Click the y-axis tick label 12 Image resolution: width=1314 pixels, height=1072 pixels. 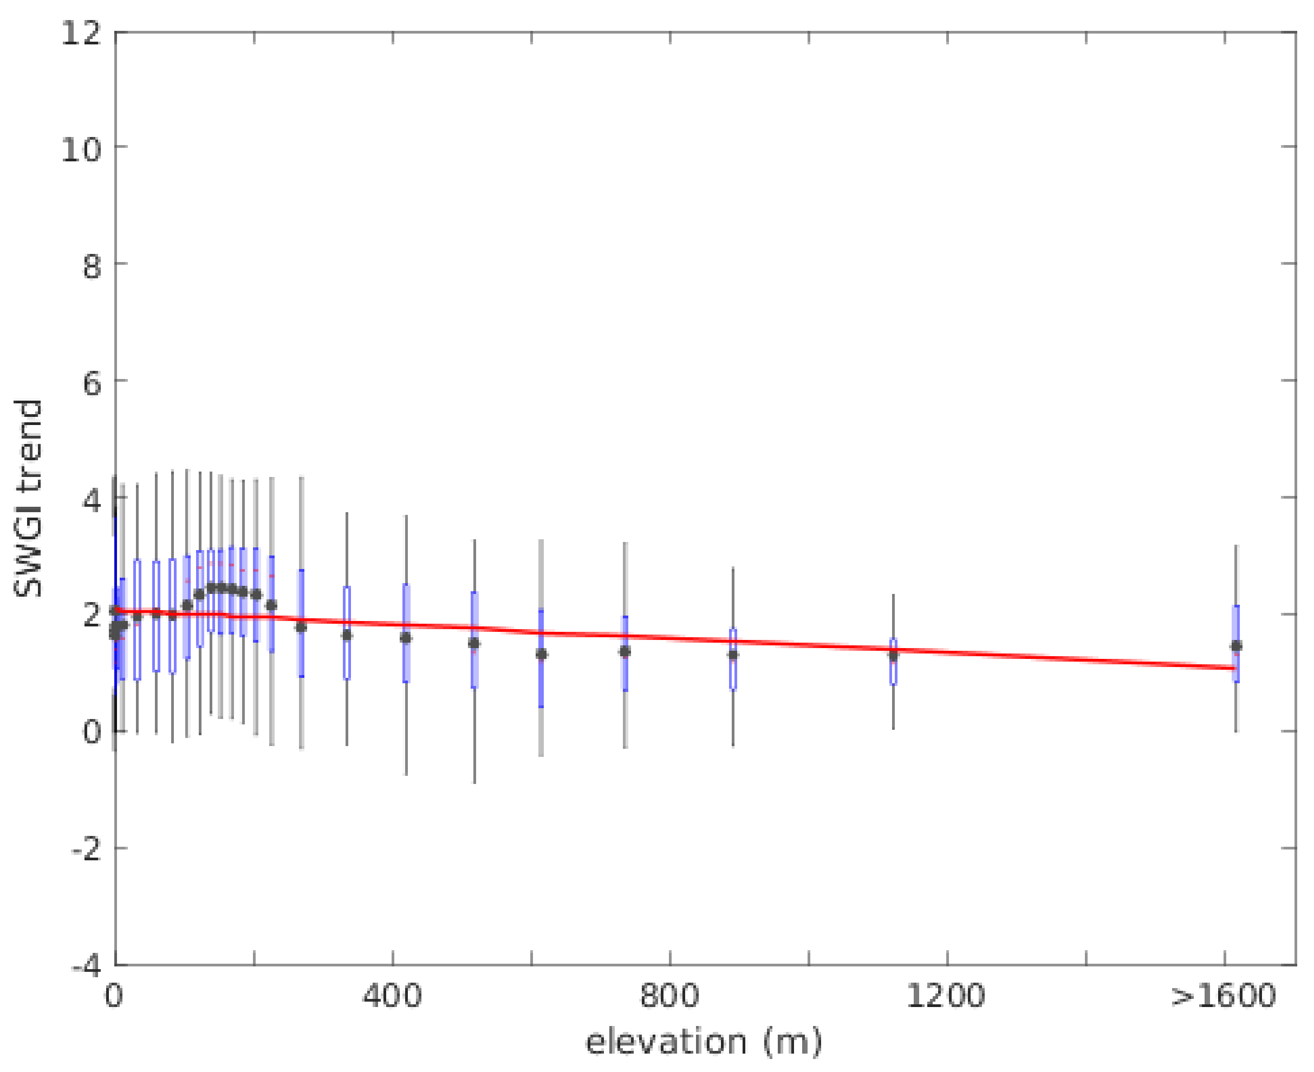tap(81, 32)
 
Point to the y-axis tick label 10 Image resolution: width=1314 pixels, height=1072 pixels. tap(81, 149)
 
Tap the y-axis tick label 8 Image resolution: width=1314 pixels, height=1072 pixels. tap(92, 266)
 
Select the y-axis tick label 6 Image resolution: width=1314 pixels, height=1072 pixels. tap(92, 383)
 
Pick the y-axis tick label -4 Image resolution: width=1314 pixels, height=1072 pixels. tap(87, 966)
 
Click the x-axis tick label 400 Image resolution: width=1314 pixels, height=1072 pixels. tap(392, 996)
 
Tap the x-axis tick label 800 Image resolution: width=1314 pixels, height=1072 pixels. tap(669, 996)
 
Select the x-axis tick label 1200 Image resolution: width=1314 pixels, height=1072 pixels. tap(946, 996)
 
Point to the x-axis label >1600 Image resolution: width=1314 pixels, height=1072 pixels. tap(1223, 996)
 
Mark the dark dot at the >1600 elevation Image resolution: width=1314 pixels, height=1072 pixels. tap(1236, 646)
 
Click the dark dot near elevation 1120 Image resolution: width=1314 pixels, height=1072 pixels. tap(893, 655)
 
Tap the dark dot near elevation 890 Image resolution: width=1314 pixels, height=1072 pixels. tap(733, 655)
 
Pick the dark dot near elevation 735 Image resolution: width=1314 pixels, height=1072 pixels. tap(625, 651)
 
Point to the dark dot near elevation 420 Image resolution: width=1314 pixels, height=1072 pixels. tap(406, 638)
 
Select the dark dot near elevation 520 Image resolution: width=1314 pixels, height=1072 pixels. tap(474, 643)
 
